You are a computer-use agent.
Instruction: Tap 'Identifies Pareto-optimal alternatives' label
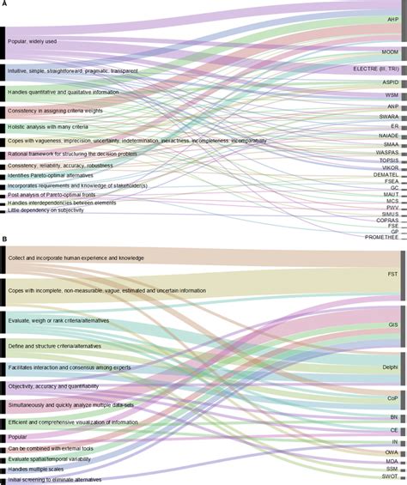53,175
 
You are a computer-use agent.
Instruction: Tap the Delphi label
390,367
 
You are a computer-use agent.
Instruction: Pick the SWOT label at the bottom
390,479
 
